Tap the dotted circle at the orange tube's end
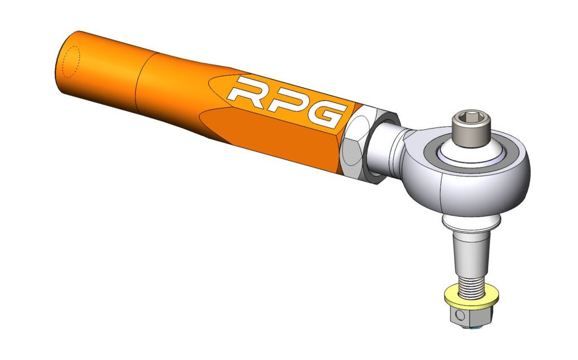tap(70, 61)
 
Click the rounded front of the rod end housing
tap(486, 191)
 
